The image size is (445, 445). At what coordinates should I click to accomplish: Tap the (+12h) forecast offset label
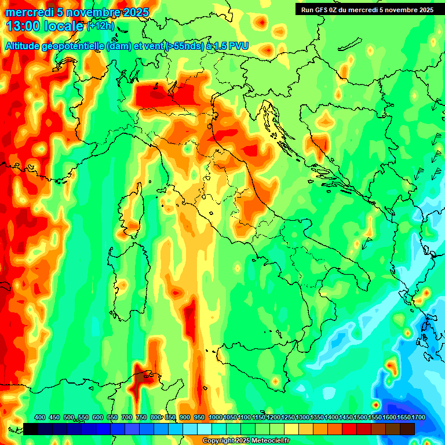(100, 26)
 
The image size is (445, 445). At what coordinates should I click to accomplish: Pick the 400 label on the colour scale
(40, 417)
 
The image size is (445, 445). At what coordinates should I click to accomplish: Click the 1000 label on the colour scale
(215, 417)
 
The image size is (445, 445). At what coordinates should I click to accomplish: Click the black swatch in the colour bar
(31, 429)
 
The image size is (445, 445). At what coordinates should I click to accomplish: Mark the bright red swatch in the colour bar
(349, 429)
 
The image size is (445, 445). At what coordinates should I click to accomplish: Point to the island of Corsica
(132, 212)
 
